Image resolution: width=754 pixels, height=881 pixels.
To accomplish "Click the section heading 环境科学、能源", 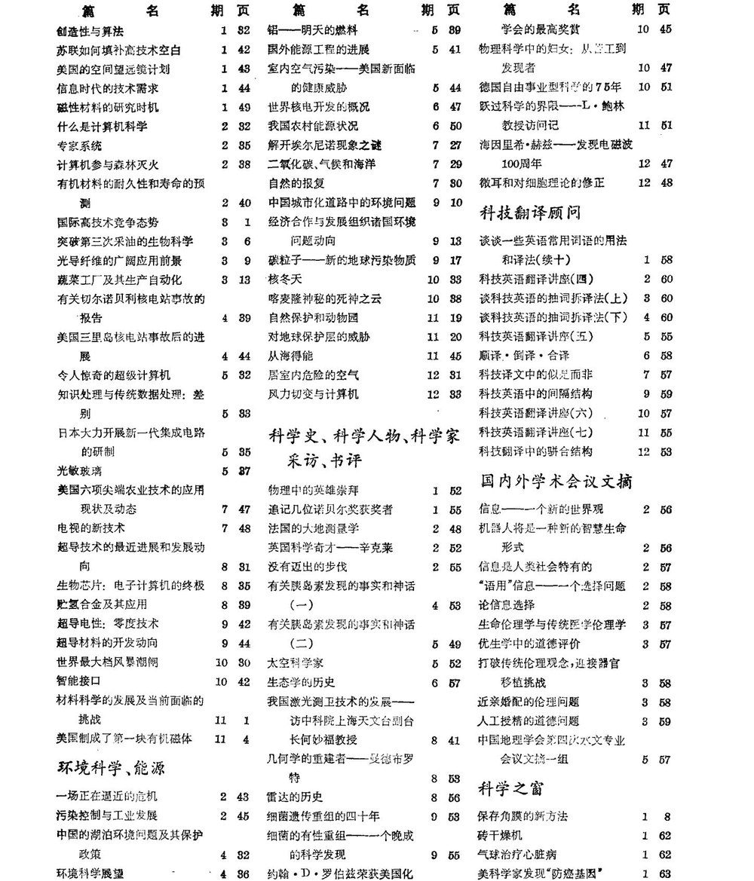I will point(111,768).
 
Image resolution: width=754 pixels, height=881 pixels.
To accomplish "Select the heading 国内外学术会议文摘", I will point(556,481).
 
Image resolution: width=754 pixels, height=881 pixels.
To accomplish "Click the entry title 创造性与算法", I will point(90,31).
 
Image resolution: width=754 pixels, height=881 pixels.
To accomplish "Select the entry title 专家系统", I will point(79,146).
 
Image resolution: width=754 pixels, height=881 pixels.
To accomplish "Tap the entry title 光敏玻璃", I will point(79,471).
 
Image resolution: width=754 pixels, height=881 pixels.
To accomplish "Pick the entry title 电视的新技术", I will point(90,528).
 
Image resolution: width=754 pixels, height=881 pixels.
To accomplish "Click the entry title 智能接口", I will point(79,681).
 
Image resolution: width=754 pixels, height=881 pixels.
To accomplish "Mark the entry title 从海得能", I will point(290,356).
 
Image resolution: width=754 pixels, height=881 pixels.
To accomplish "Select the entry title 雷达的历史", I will point(296,797).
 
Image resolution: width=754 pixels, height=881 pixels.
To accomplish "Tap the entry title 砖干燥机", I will point(500,835).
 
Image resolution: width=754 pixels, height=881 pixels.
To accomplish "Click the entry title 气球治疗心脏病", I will point(517,854).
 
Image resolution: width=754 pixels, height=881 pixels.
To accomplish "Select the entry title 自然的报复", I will point(296,183).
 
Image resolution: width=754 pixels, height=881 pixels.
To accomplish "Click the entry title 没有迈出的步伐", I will point(307,567).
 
